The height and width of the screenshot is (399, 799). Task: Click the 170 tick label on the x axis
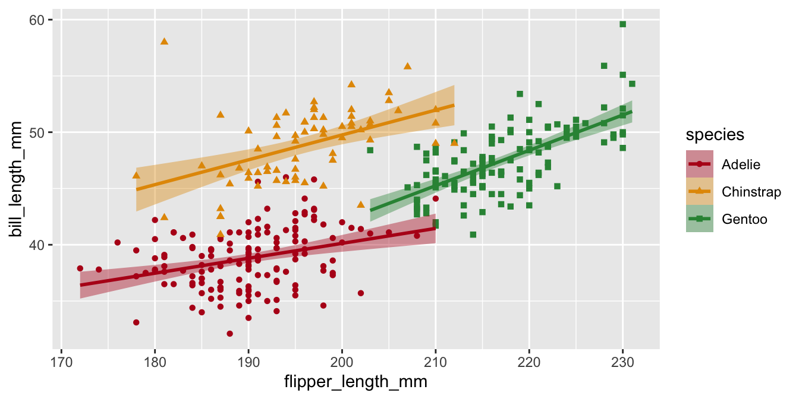tap(61, 362)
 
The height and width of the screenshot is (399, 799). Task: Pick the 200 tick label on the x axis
tap(342, 362)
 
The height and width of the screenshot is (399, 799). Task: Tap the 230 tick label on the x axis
tap(622, 362)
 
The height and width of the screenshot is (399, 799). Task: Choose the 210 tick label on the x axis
tap(435, 362)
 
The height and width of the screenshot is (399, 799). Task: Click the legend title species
tap(715, 135)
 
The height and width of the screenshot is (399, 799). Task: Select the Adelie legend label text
tap(741, 164)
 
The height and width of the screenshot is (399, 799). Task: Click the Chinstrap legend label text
tap(751, 192)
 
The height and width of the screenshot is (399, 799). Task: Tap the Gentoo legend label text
tap(744, 220)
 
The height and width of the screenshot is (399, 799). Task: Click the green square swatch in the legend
tap(699, 220)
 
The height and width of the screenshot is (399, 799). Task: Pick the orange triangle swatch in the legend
tap(699, 192)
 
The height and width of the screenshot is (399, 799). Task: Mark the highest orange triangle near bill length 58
tap(164, 41)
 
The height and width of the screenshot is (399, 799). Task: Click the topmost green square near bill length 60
tap(622, 24)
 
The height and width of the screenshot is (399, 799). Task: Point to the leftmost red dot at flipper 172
tap(80, 268)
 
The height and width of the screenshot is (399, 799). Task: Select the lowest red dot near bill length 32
tap(229, 334)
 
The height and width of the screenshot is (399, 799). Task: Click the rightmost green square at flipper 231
tap(632, 84)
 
